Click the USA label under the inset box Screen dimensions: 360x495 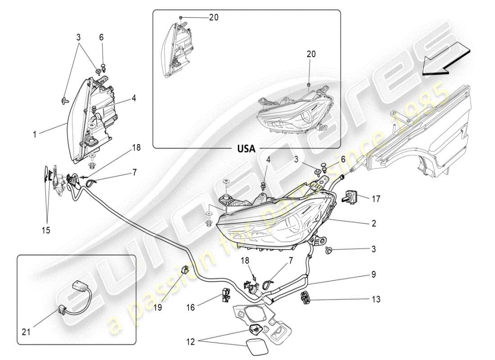[246, 148]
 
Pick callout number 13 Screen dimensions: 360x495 [376, 299]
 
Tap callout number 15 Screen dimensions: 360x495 [46, 230]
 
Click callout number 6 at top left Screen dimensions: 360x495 [102, 37]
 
